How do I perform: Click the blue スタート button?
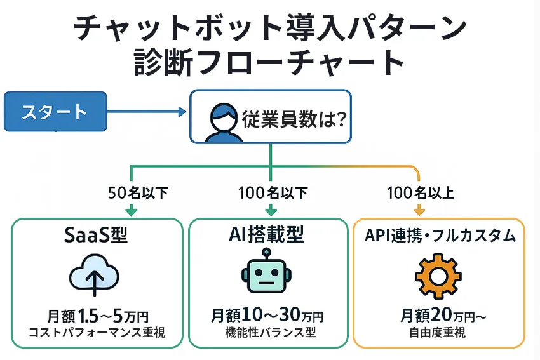[x=55, y=112]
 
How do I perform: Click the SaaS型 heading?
[x=96, y=236]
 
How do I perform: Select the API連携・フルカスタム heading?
[x=440, y=236]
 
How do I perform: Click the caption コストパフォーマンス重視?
[x=97, y=333]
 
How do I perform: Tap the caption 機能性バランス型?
[x=267, y=333]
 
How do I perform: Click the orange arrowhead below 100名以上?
[x=419, y=210]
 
